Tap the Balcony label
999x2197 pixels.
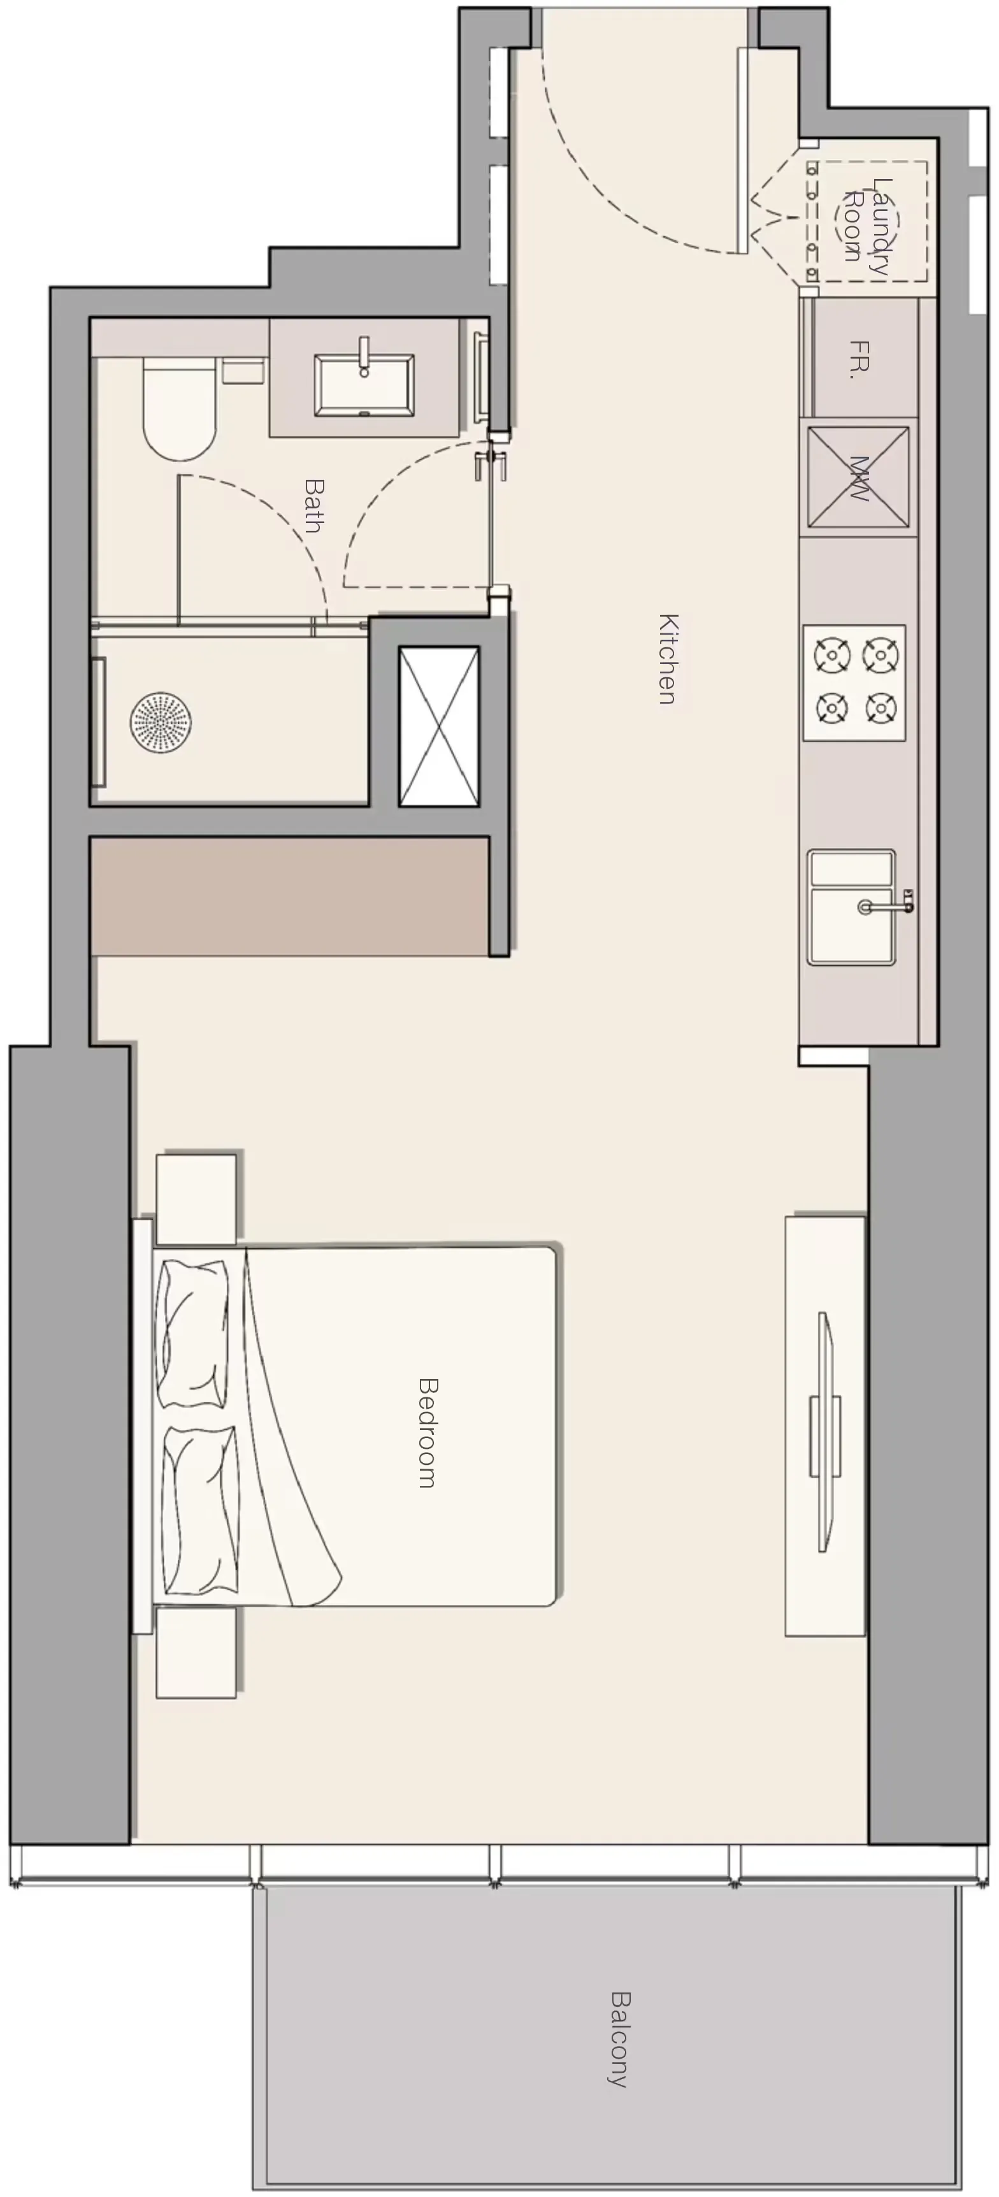[620, 2038]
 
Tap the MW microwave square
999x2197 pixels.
[858, 478]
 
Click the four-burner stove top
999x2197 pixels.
[854, 682]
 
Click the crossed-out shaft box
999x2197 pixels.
[438, 726]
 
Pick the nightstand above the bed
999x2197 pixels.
[196, 1197]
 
